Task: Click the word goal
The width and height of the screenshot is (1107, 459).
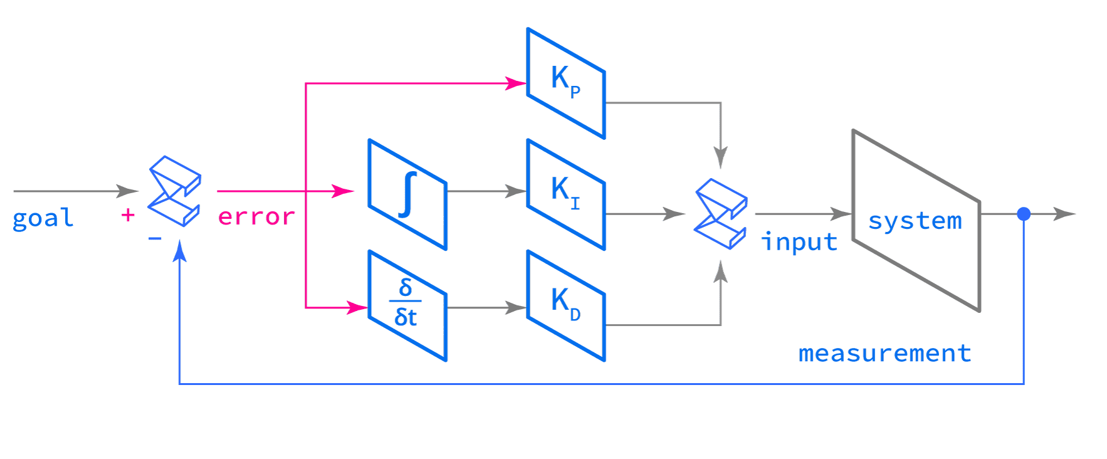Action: tap(43, 219)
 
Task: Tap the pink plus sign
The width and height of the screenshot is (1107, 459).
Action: tap(128, 216)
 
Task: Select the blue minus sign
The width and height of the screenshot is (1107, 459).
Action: tap(155, 239)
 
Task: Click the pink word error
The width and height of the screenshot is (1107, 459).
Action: tap(256, 217)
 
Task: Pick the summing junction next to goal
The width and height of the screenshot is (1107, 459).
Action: tap(174, 191)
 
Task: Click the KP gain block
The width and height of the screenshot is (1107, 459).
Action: tap(566, 83)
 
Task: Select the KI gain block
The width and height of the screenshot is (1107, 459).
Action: tap(566, 194)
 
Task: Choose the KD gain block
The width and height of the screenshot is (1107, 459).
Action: tap(566, 305)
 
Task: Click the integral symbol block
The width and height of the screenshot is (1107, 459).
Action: tap(407, 194)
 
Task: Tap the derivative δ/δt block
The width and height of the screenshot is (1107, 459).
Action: tap(407, 305)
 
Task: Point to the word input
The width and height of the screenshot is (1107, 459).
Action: tap(799, 242)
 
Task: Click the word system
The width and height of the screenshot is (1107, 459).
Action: tap(915, 221)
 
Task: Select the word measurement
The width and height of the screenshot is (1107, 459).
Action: tap(884, 354)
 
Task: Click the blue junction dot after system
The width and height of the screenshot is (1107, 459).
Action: tap(1024, 214)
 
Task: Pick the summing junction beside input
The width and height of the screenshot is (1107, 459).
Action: tap(721, 214)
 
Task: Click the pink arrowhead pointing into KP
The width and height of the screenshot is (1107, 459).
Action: tap(517, 83)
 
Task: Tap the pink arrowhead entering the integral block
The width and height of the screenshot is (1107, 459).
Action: tap(345, 191)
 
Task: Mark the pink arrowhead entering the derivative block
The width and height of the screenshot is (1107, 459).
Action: tap(359, 307)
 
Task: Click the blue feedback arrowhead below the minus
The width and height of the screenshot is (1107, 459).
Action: tap(181, 251)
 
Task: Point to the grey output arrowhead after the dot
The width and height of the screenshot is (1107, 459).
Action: tap(1066, 214)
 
